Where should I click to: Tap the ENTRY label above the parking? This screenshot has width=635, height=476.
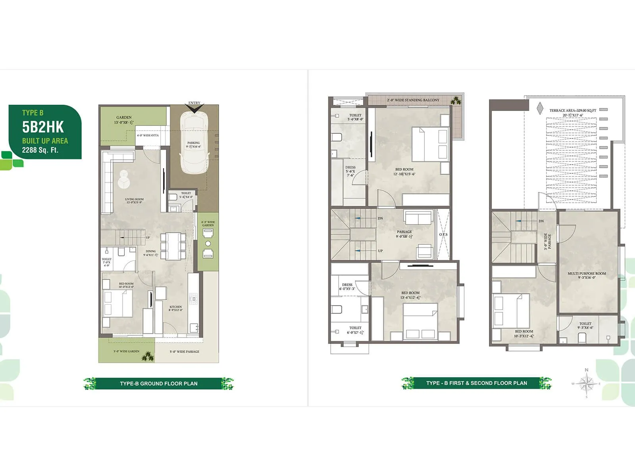[194, 103]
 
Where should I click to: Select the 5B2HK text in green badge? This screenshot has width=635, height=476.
[43, 127]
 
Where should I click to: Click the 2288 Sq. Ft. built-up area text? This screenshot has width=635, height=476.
[40, 150]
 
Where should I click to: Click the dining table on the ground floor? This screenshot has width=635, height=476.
[173, 246]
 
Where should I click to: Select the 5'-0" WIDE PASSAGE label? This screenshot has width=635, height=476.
[185, 351]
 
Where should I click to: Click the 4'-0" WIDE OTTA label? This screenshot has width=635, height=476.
[148, 135]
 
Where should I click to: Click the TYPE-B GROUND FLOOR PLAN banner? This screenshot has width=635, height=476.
[158, 384]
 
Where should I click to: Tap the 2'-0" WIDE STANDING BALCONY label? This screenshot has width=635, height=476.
[413, 100]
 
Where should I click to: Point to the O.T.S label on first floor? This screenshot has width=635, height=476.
[443, 234]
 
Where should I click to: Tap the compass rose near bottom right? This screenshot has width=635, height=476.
[587, 384]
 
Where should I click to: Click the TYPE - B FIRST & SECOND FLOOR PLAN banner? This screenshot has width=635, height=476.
[477, 383]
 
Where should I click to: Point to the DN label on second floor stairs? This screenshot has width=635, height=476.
[541, 221]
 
